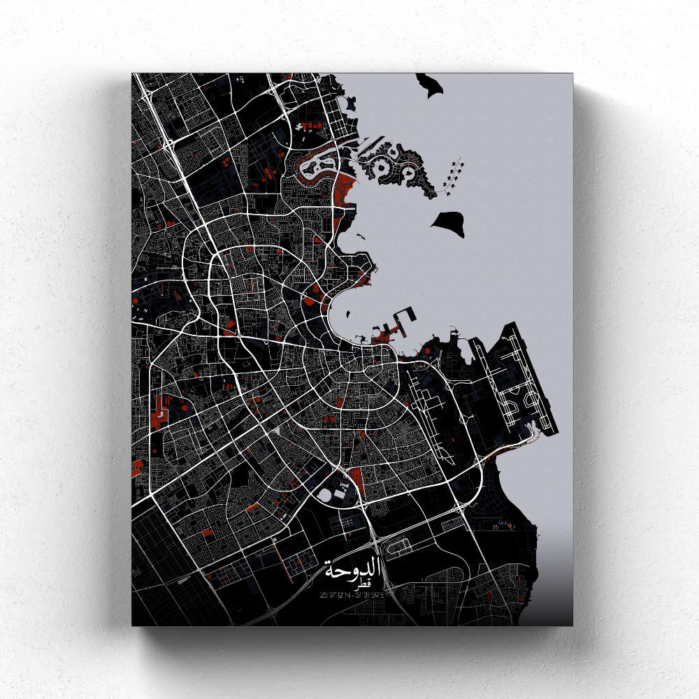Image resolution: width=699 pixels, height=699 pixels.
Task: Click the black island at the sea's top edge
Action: pyautogui.click(x=432, y=85)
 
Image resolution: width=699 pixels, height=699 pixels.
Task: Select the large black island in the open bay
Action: pyautogui.click(x=447, y=223)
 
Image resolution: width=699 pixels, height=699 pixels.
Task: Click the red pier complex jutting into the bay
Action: pyautogui.click(x=388, y=333)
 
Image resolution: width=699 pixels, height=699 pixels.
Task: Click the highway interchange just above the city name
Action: pyautogui.click(x=373, y=538)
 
